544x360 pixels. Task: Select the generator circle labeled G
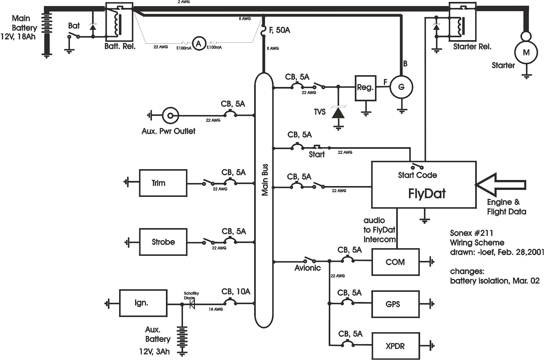[x=401, y=87]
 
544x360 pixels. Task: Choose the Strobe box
[x=163, y=242]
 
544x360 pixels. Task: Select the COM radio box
[x=395, y=262]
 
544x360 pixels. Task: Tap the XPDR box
[x=395, y=346]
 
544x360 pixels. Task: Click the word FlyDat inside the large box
[x=427, y=194]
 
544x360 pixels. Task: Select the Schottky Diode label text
[x=191, y=296]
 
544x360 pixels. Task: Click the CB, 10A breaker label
[x=236, y=291]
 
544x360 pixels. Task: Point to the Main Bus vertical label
[x=265, y=180]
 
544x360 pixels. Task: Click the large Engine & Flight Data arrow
[x=500, y=185]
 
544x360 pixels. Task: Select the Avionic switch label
[x=307, y=268]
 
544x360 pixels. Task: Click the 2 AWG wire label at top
[x=183, y=2]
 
